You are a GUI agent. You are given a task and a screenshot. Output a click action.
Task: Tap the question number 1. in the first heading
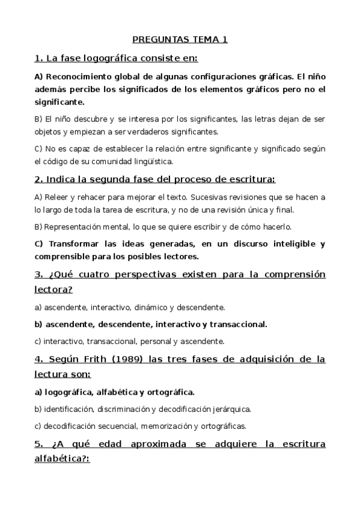pyautogui.click(x=39, y=59)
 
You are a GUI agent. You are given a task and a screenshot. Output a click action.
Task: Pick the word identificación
pyautogui.click(x=67, y=410)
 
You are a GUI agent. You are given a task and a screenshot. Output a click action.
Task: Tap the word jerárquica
pyautogui.click(x=229, y=410)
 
